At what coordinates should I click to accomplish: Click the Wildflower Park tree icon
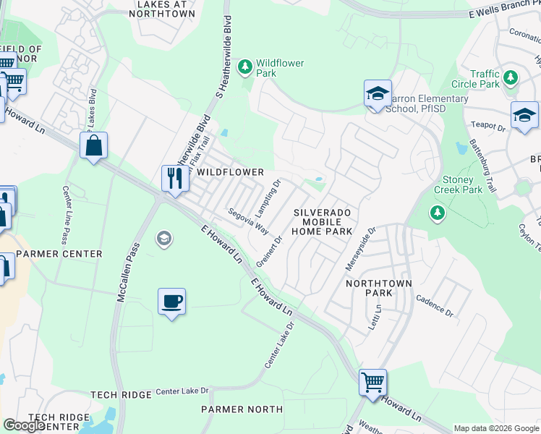pyautogui.click(x=246, y=67)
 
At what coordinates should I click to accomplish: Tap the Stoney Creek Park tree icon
pyautogui.click(x=437, y=213)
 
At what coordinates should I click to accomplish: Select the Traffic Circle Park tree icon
pyautogui.click(x=511, y=77)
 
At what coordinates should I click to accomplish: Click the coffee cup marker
pyautogui.click(x=172, y=301)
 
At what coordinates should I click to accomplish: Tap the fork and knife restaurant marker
pyautogui.click(x=174, y=177)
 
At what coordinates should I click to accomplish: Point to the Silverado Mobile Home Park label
pyautogui.click(x=322, y=221)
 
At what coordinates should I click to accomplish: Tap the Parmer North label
pyautogui.click(x=242, y=409)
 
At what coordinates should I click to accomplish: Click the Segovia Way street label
pyautogui.click(x=248, y=221)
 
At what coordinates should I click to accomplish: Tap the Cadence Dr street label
pyautogui.click(x=434, y=309)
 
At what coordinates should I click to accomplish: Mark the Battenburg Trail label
pyautogui.click(x=483, y=166)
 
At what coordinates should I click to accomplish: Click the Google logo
pyautogui.click(x=24, y=425)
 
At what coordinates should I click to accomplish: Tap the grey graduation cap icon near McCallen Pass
pyautogui.click(x=164, y=238)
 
